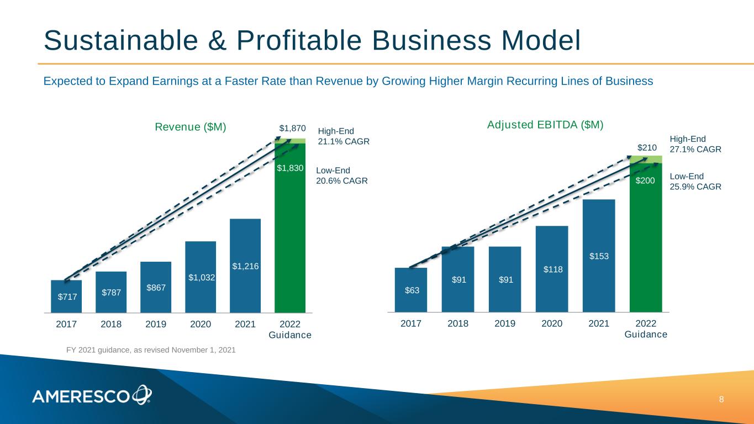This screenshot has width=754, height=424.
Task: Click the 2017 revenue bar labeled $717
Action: click(66, 296)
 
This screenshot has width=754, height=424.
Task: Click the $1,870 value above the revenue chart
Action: click(292, 129)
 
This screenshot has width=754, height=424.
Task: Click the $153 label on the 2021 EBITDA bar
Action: click(599, 256)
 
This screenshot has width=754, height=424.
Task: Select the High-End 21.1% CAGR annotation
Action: click(344, 136)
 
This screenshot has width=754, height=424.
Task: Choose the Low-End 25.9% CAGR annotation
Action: click(695, 182)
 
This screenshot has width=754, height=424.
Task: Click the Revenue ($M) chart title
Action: click(190, 127)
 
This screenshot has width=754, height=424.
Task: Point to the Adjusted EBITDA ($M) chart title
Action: click(545, 125)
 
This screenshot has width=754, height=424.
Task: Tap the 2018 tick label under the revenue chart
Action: click(111, 324)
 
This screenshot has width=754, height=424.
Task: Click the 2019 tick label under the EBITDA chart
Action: click(505, 324)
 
